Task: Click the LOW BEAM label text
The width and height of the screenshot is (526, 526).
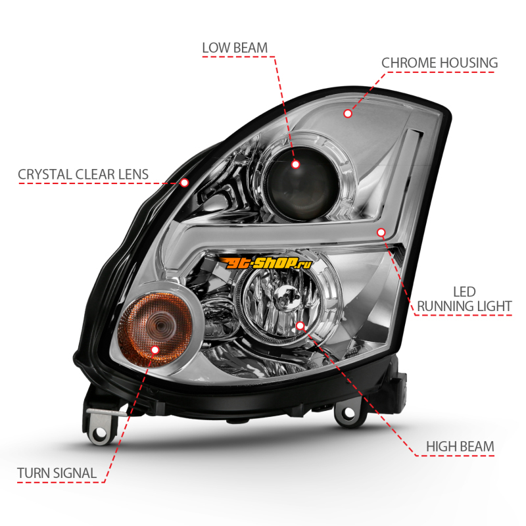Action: [234, 47]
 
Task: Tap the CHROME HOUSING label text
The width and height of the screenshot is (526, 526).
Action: [440, 63]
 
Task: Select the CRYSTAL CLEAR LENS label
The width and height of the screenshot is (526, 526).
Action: [83, 175]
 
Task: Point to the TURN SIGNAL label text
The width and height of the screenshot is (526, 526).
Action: [57, 472]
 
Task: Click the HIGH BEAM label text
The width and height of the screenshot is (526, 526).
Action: [460, 447]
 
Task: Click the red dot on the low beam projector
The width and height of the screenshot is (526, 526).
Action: [296, 164]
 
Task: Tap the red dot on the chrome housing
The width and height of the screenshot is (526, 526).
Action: [348, 113]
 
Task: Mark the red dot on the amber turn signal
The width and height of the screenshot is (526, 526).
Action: [156, 349]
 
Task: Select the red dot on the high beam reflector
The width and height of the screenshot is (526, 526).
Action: [300, 325]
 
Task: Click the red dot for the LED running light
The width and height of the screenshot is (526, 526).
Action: [381, 231]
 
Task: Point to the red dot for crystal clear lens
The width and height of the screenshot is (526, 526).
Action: [185, 181]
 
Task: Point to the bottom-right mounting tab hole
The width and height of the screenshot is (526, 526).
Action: [343, 415]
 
